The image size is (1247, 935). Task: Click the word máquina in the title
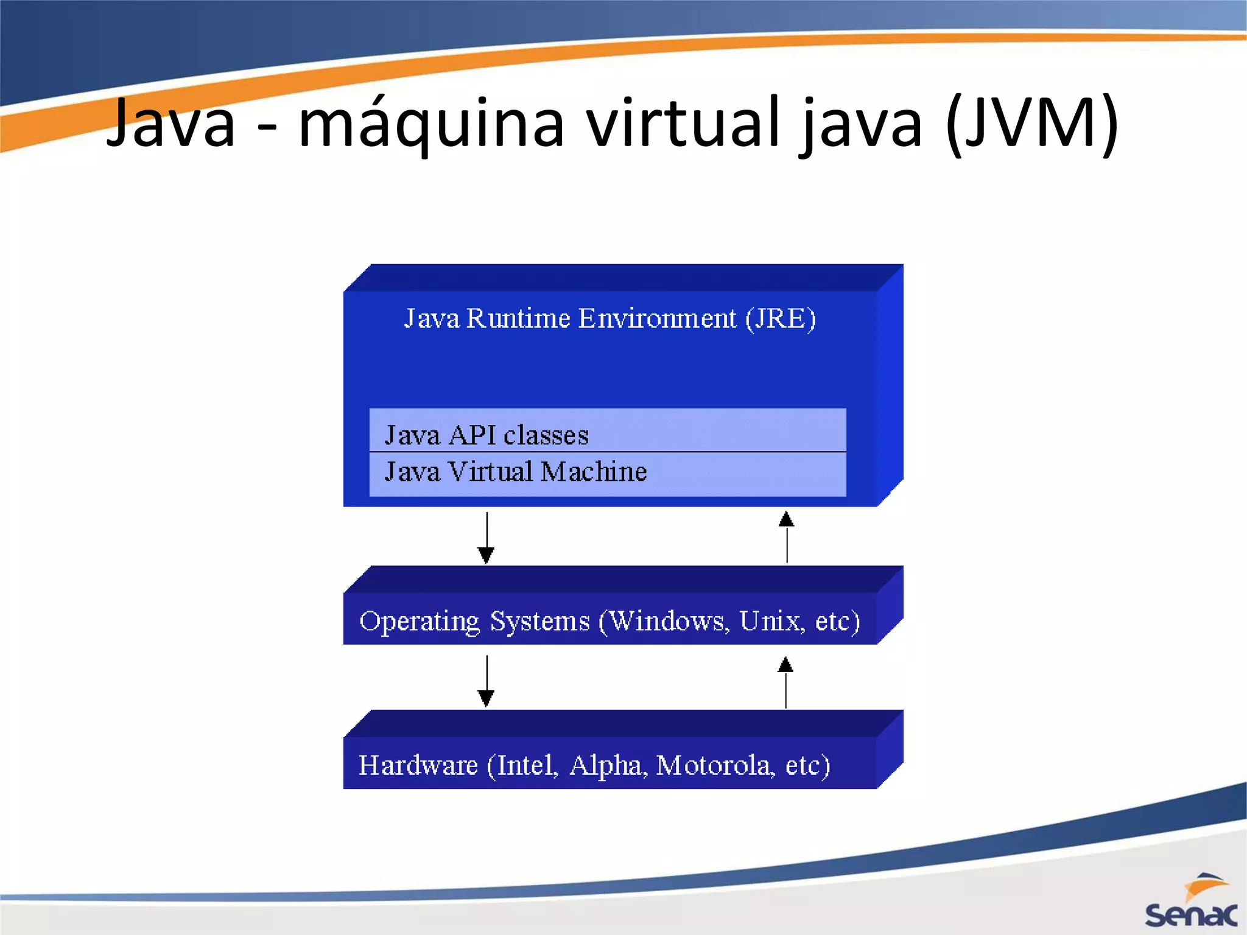(x=431, y=125)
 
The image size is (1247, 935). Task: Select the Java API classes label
(x=487, y=435)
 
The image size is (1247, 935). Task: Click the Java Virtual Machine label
(x=515, y=472)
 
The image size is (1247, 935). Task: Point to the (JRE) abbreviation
(x=781, y=318)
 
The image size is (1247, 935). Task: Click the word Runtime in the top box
(x=518, y=318)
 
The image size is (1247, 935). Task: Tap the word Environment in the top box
(x=657, y=318)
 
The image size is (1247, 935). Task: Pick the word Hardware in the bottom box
(x=418, y=765)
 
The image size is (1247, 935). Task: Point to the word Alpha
(x=606, y=766)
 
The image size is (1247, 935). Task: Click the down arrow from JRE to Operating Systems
(x=486, y=538)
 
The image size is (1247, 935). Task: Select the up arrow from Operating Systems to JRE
(x=787, y=537)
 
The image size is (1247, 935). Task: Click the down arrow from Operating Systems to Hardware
(x=486, y=681)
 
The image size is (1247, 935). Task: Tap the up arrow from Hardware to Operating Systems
(x=785, y=682)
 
